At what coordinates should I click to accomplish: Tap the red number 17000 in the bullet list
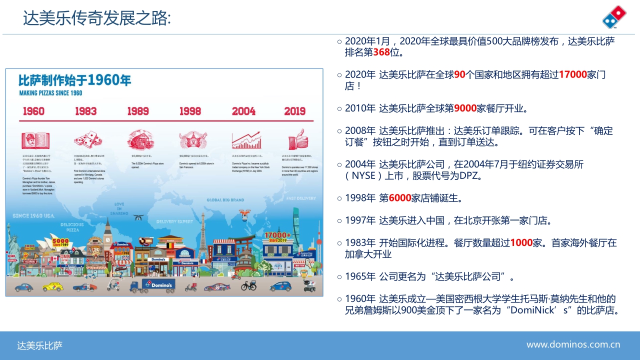572,74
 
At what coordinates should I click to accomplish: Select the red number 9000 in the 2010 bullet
465,108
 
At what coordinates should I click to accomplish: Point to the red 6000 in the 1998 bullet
399,198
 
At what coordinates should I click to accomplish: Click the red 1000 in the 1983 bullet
521,243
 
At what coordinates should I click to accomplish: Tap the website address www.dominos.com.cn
573,344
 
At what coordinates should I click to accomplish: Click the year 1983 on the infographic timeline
86,111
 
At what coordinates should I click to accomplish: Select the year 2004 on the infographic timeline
243,111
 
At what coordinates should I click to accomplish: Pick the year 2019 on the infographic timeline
294,111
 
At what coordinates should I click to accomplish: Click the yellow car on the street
52,286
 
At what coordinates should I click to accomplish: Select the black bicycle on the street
248,285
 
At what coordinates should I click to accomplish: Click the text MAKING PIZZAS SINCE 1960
50,93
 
